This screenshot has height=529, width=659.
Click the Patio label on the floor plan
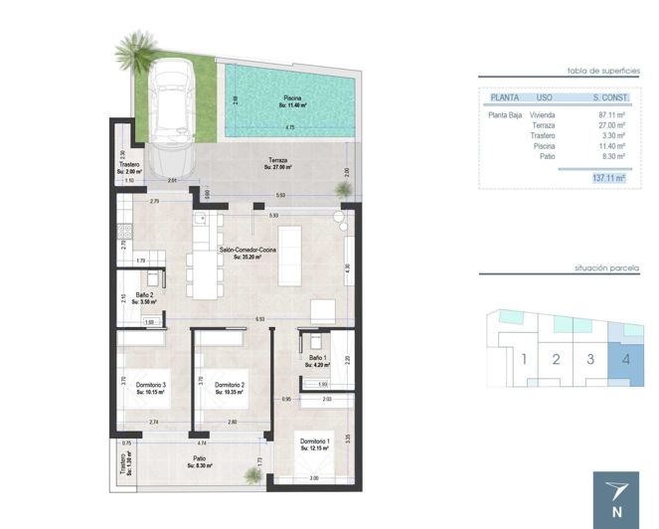200,461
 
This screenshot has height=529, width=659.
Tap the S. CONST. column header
608,97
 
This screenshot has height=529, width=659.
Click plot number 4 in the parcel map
625,359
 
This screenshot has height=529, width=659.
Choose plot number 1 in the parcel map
523,359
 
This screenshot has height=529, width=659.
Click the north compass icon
616,497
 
